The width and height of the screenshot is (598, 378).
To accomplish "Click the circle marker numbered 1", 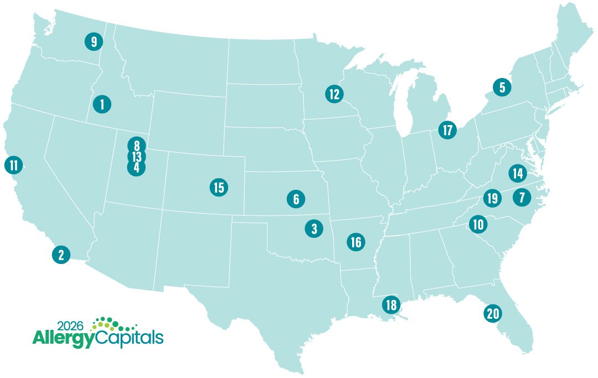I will pyautogui.click(x=102, y=103).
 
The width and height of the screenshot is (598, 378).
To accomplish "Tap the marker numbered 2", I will pyautogui.click(x=61, y=255).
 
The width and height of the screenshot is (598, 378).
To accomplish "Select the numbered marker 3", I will pyautogui.click(x=314, y=228).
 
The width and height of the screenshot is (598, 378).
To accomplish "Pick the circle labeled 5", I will pyautogui.click(x=502, y=87).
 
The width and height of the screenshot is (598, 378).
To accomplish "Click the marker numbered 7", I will pyautogui.click(x=522, y=196).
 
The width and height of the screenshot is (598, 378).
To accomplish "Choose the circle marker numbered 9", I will pyautogui.click(x=94, y=42).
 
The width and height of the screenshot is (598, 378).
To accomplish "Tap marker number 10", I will pyautogui.click(x=478, y=224).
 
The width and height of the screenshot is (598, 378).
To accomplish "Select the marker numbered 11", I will pyautogui.click(x=13, y=164).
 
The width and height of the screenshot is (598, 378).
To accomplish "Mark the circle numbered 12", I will pyautogui.click(x=334, y=94).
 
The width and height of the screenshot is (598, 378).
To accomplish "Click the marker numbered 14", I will pyautogui.click(x=518, y=173).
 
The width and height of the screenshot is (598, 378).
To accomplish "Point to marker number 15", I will pyautogui.click(x=219, y=187).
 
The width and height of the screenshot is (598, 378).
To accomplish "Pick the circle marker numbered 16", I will pyautogui.click(x=355, y=242).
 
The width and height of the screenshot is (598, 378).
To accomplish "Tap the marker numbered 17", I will pyautogui.click(x=447, y=130).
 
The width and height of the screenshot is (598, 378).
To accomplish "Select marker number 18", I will pyautogui.click(x=391, y=304).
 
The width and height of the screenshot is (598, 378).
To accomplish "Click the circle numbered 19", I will pyautogui.click(x=491, y=198).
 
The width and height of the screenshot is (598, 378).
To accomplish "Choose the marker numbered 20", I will pyautogui.click(x=492, y=314).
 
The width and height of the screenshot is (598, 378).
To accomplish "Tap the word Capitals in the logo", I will pyautogui.click(x=130, y=337).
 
